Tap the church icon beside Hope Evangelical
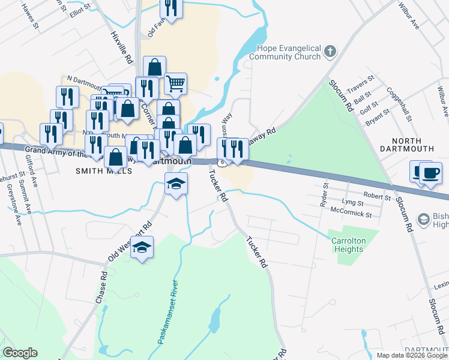(330, 52)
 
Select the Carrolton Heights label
(349, 245)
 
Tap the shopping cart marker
(175, 84)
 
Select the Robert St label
(378, 196)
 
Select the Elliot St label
(80, 10)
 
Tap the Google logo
(20, 353)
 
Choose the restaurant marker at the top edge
(171, 9)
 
